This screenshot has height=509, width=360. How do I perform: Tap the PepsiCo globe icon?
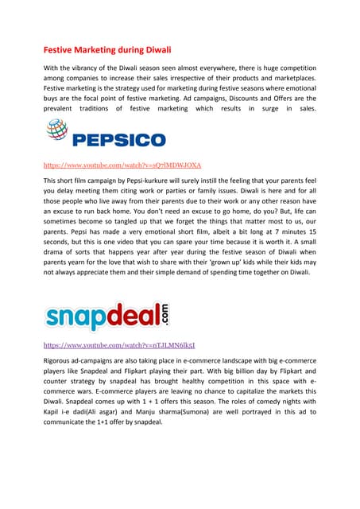click(58, 132)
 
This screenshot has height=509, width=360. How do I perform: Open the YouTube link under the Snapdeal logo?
click(119, 347)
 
